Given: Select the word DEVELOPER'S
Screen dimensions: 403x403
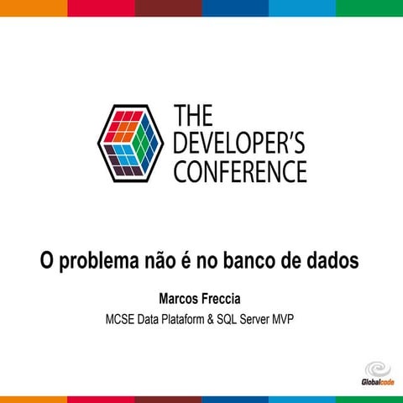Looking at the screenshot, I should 239,144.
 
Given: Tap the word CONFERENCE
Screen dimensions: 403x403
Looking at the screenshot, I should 239,171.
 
